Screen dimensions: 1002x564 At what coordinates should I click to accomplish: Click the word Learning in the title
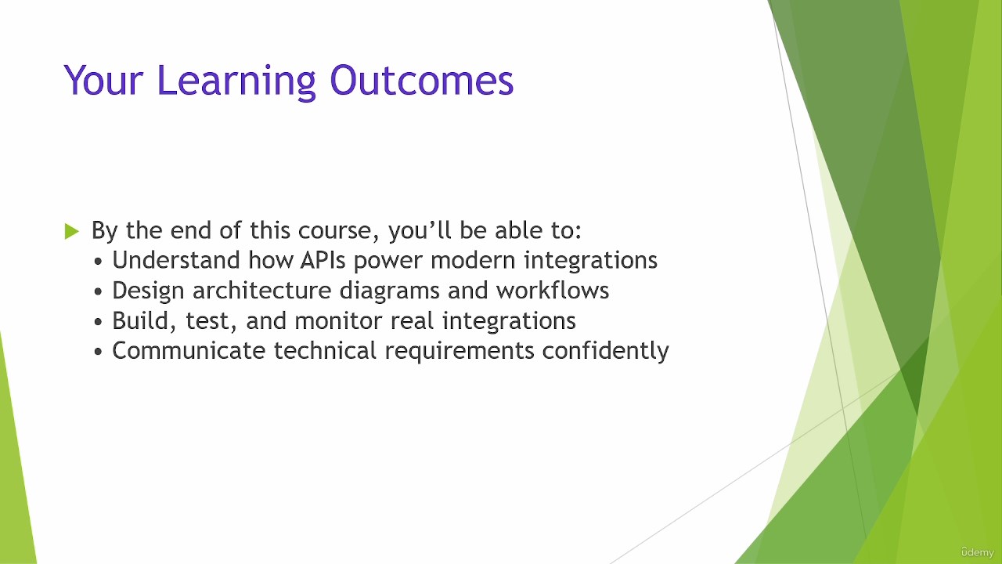click(x=237, y=81)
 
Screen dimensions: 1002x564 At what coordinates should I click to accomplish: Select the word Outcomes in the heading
click(x=422, y=81)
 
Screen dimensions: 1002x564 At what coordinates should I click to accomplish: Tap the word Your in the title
click(x=103, y=81)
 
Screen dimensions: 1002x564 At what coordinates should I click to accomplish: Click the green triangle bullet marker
click(x=71, y=231)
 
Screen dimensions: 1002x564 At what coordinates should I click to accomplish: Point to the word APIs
click(x=323, y=260)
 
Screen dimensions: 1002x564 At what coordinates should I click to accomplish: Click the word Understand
click(x=176, y=260)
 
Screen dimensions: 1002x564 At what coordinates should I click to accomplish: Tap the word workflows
click(x=553, y=290)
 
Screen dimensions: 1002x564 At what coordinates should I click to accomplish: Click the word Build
click(x=143, y=321)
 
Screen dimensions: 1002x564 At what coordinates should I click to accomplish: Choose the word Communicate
click(x=189, y=350)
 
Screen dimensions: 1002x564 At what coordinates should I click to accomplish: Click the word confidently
click(x=605, y=351)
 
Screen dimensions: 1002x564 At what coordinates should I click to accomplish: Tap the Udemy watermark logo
click(x=977, y=552)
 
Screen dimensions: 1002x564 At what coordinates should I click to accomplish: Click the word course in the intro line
click(x=334, y=231)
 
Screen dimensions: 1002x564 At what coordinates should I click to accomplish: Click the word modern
click(x=473, y=260)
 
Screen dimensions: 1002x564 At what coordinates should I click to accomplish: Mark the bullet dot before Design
click(x=99, y=292)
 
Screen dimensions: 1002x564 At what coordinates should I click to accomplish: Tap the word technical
click(x=325, y=350)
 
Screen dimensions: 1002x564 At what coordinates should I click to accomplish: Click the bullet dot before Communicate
click(x=99, y=352)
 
